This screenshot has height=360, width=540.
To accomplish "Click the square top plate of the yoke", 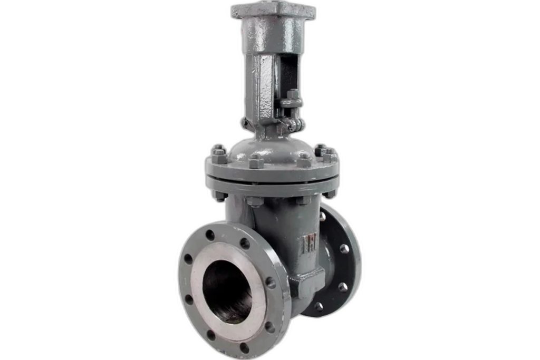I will [x=273, y=10].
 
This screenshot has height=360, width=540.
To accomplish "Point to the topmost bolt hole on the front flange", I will [x=210, y=235].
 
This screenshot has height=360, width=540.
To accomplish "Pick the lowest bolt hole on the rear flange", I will [x=319, y=306].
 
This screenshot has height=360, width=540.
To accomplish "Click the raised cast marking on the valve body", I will [x=309, y=244].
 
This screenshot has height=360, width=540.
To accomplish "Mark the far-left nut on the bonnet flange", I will [x=219, y=155].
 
